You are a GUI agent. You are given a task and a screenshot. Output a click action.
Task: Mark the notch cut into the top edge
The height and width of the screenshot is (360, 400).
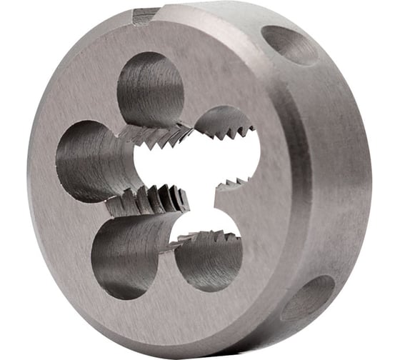click(146, 14)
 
